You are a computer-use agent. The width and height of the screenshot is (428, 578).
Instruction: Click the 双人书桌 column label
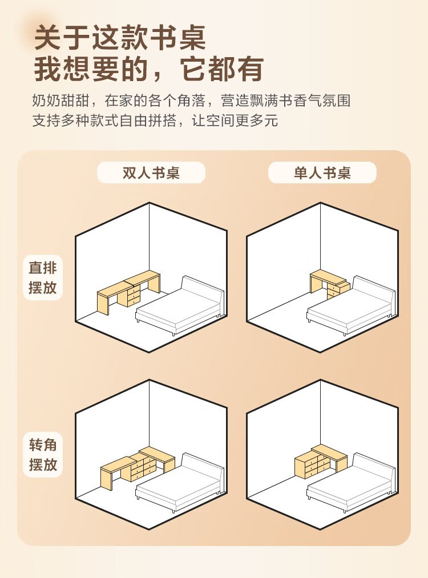point(151,173)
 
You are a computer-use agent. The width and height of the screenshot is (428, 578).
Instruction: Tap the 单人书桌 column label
point(322,173)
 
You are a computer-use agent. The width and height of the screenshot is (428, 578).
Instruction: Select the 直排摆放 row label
point(43,278)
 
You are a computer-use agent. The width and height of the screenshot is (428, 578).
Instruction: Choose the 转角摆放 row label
point(43,455)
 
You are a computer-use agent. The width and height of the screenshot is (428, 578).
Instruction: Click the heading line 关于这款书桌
point(120,38)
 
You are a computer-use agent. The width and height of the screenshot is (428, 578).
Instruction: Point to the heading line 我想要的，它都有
point(149,69)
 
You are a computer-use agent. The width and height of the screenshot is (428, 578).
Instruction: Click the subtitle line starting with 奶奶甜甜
point(191,101)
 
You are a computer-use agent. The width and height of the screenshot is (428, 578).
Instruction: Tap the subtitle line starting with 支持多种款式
point(155,121)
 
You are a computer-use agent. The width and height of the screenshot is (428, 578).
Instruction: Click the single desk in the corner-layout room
point(321,461)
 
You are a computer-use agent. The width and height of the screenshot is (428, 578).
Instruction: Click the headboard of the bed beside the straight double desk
point(203,292)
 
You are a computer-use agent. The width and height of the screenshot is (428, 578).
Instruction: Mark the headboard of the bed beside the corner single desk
point(374,469)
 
